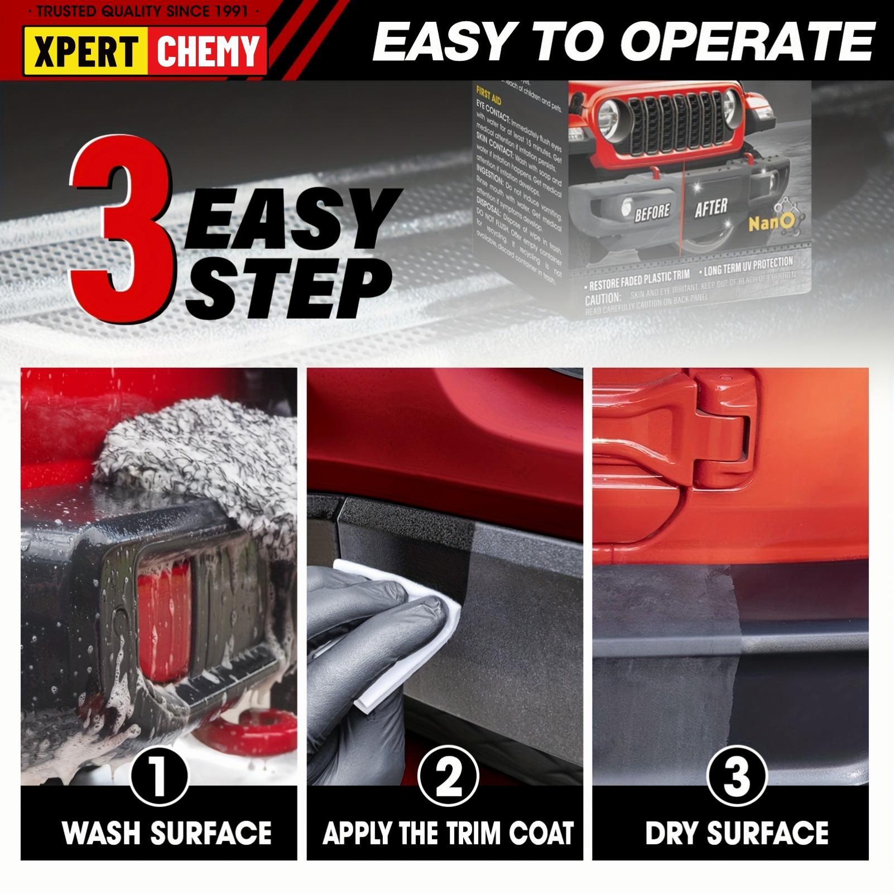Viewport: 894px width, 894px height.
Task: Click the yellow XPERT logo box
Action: [x=85, y=50]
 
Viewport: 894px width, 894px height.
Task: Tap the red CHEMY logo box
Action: [x=207, y=50]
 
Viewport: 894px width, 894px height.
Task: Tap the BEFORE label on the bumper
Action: [x=651, y=212]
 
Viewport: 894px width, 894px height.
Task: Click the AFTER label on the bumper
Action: [x=710, y=208]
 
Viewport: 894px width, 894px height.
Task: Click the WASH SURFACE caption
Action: [x=166, y=833]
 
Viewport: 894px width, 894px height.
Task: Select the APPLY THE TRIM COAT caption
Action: [x=448, y=833]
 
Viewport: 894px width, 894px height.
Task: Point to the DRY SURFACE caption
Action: [x=737, y=833]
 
